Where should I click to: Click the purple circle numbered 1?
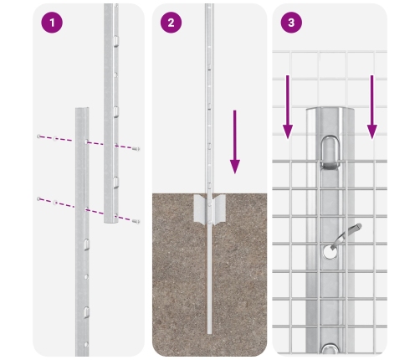[52, 23]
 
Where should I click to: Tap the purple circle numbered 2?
[171, 23]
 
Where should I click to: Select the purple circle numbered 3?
[291, 23]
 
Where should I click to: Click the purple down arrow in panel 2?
[235, 141]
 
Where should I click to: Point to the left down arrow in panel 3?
[288, 107]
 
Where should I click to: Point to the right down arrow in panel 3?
[371, 107]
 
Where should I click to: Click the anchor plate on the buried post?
[209, 209]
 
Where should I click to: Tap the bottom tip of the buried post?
[209, 333]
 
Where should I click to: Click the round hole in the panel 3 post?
[330, 251]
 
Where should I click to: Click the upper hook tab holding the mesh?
[330, 152]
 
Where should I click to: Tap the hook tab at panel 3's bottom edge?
[330, 349]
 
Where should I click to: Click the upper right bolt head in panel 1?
[136, 149]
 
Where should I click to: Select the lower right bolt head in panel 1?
[136, 222]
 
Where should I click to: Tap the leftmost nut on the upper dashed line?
[38, 136]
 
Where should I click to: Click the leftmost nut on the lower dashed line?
[38, 198]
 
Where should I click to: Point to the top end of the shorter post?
[82, 109]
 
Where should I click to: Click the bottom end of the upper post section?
[111, 222]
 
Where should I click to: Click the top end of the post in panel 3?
[330, 109]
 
